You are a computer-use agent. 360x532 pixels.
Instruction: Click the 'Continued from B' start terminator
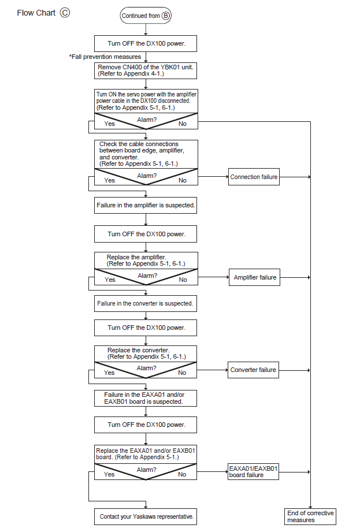point(146,16)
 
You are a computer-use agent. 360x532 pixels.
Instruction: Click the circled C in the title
point(65,13)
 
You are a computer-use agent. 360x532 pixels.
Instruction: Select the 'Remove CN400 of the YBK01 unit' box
point(146,70)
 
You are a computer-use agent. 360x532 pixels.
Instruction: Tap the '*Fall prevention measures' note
point(105,57)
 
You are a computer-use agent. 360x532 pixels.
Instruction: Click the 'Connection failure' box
point(254,177)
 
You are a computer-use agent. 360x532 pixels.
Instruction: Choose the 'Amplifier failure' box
point(254,277)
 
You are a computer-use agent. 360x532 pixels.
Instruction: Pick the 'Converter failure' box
point(253,370)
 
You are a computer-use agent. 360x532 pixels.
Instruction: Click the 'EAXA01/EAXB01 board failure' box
point(253,471)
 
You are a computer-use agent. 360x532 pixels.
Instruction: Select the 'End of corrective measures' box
point(310,516)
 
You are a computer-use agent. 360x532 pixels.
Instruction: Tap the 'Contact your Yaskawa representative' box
point(146,516)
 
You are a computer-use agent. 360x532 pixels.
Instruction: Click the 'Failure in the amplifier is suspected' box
point(146,205)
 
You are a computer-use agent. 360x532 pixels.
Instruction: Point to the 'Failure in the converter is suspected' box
point(146,303)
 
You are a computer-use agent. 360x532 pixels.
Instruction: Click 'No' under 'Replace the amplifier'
point(183,280)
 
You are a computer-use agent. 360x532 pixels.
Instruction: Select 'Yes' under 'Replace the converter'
point(109,373)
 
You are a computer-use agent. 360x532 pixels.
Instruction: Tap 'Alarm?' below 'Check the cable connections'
point(147,176)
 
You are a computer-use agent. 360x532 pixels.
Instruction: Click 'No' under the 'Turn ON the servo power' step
point(183,124)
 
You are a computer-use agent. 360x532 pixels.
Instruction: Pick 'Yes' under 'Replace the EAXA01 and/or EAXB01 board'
point(109,474)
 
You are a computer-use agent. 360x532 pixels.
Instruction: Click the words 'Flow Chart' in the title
point(36,13)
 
